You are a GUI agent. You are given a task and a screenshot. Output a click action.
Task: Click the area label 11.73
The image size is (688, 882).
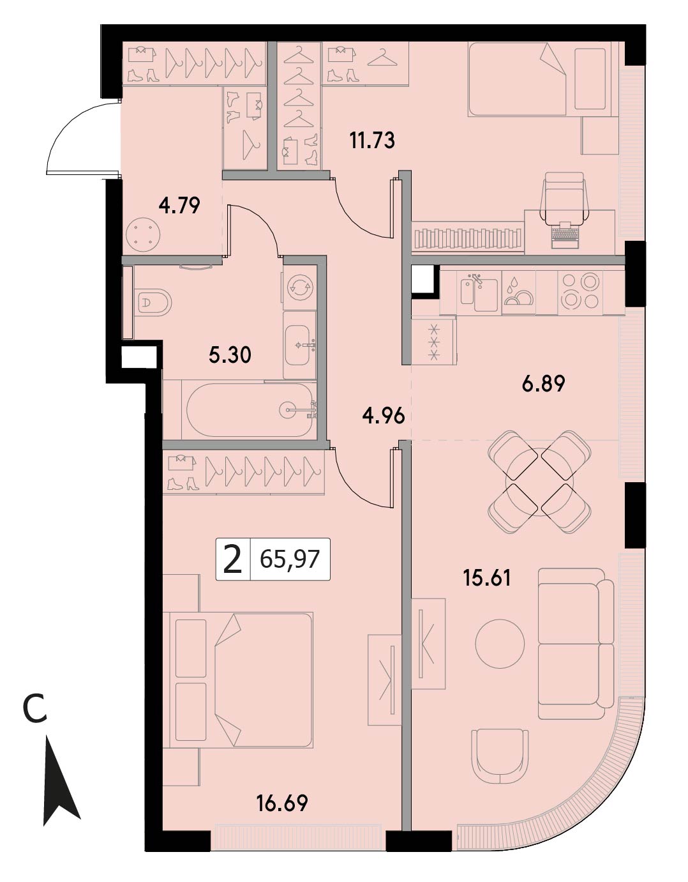(372, 141)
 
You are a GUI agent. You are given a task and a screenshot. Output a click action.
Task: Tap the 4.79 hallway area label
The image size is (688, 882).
(179, 206)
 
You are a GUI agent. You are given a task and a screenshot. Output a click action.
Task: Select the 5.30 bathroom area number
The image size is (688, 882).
(230, 355)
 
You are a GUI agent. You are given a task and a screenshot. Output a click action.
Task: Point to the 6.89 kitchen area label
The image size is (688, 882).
(543, 384)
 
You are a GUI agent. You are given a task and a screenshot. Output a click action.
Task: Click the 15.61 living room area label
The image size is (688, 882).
(487, 578)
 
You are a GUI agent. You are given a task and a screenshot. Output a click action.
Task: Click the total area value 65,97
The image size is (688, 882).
(289, 559)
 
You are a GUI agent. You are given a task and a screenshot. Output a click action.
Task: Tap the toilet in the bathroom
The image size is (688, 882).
(153, 302)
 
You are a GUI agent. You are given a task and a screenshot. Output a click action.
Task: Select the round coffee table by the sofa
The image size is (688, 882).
(500, 644)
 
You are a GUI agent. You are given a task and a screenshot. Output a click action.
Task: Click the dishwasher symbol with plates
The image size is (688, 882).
(518, 292)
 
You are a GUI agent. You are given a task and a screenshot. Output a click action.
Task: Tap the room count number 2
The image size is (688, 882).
(233, 559)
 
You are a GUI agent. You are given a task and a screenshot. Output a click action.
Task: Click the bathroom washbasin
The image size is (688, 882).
(301, 345)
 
